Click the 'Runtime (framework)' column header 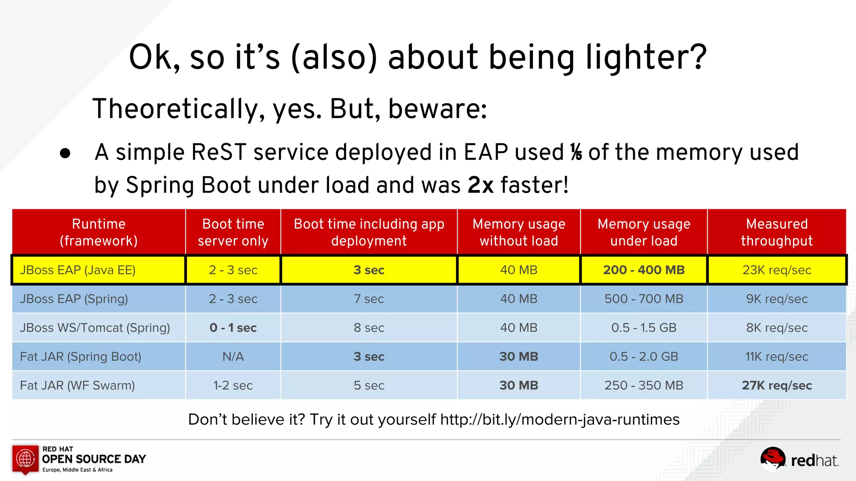[x=99, y=232]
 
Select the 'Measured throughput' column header [x=777, y=232]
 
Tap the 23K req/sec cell [x=777, y=270]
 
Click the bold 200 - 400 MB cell [x=644, y=270]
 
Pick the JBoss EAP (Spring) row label [x=74, y=299]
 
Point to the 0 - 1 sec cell [x=233, y=328]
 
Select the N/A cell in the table [x=233, y=357]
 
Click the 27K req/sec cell [x=777, y=385]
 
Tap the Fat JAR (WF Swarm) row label [x=77, y=385]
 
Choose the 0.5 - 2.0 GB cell [x=644, y=357]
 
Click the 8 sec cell [x=369, y=328]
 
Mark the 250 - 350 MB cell [x=644, y=385]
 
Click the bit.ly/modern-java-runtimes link [x=560, y=419]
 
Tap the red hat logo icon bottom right [x=773, y=458]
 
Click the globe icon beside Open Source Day [x=25, y=458]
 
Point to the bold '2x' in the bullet [x=480, y=185]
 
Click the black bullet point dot [x=65, y=153]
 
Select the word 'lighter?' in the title [x=646, y=57]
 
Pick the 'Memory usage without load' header [x=519, y=232]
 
